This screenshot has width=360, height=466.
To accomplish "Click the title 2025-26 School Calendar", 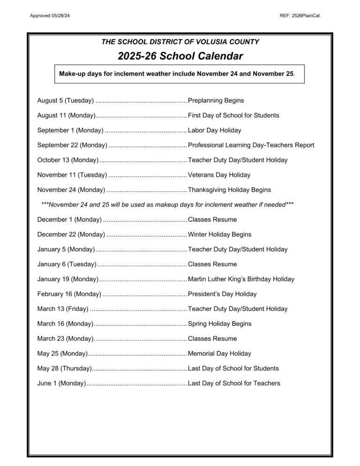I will pyautogui.click(x=180, y=57).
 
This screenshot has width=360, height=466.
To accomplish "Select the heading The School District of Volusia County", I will pyautogui.click(x=180, y=42).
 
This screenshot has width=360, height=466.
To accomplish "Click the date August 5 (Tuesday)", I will pyautogui.click(x=65, y=100).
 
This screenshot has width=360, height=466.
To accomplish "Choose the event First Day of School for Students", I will pyautogui.click(x=233, y=115).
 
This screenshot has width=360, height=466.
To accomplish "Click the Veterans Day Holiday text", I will pyautogui.click(x=219, y=175).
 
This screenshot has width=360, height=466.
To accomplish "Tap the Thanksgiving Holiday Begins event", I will pyautogui.click(x=229, y=190).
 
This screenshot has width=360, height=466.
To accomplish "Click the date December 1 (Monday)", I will pyautogui.click(x=69, y=219).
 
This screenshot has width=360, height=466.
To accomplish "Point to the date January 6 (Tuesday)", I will pyautogui.click(x=67, y=264).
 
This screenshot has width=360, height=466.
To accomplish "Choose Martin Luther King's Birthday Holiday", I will pyautogui.click(x=241, y=279).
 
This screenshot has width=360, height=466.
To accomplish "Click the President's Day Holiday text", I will pyautogui.click(x=222, y=294).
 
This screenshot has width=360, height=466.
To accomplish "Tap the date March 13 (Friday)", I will pyautogui.click(x=62, y=309).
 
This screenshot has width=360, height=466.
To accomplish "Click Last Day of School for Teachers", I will pyautogui.click(x=234, y=383).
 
